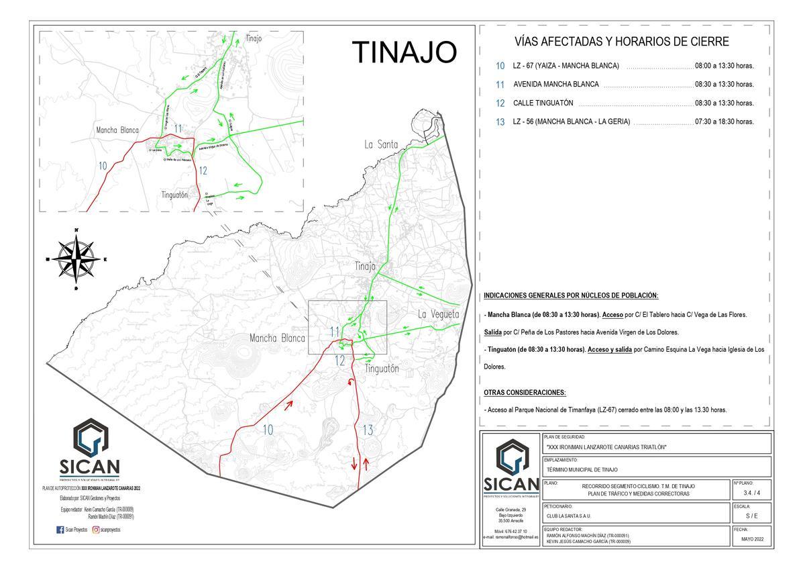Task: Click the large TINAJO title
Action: click(x=404, y=52)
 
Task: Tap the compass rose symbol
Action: click(x=76, y=260)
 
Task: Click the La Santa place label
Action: click(x=381, y=144)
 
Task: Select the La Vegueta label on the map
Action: click(x=438, y=314)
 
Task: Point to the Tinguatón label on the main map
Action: click(x=382, y=369)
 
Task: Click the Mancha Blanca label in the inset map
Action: click(x=117, y=130)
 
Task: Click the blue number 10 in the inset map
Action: click(x=103, y=165)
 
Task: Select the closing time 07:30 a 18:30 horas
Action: click(x=724, y=122)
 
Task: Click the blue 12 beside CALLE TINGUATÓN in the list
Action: click(x=500, y=103)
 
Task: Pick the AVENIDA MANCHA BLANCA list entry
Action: click(x=555, y=85)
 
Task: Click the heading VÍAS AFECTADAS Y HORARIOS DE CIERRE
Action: click(x=621, y=42)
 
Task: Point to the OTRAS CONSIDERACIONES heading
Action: click(x=525, y=392)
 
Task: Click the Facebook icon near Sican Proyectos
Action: click(x=60, y=530)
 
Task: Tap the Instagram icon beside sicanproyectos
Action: click(x=96, y=530)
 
